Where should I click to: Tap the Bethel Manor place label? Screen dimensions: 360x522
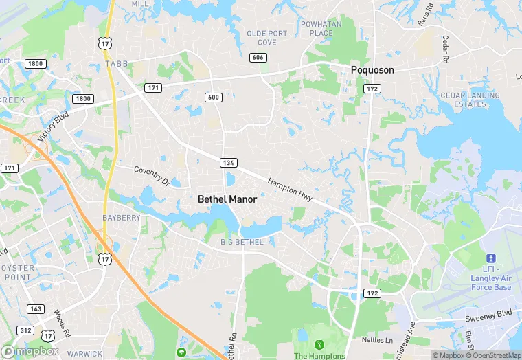click(x=227, y=199)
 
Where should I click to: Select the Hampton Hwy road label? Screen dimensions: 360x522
click(x=290, y=190)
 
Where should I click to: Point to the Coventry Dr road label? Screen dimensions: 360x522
click(x=151, y=175)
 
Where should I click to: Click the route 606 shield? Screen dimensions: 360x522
click(x=258, y=58)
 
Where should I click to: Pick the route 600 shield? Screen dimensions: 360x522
click(x=213, y=98)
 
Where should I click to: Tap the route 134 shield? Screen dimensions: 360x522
click(x=229, y=163)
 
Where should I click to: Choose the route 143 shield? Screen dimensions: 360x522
click(x=36, y=309)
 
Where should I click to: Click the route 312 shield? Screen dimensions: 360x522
click(x=25, y=330)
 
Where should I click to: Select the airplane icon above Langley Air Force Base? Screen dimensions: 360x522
click(x=490, y=258)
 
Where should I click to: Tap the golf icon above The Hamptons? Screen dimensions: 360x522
click(x=319, y=344)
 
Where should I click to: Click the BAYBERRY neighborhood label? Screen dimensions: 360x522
click(x=121, y=218)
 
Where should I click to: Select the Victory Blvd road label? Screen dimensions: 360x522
click(x=55, y=128)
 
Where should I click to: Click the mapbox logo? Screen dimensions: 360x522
click(x=31, y=351)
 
